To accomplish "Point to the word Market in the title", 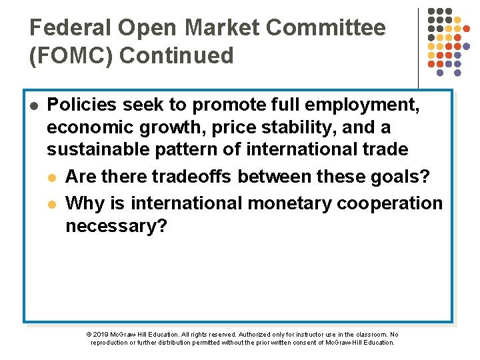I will click(223, 28).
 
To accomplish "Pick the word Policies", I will click(85, 105).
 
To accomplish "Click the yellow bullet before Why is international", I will click(53, 203).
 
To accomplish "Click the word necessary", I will click(117, 226).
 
